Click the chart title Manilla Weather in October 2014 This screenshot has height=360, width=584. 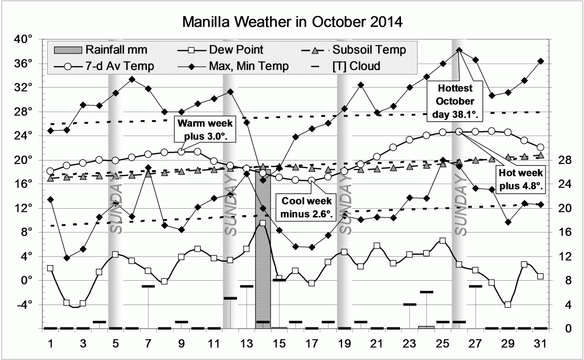click(x=292, y=22)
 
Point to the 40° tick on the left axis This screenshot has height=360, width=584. click(x=24, y=39)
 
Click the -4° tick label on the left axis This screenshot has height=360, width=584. click(x=24, y=305)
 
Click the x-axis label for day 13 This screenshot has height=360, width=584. click(x=246, y=343)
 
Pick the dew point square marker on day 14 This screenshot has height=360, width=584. click(x=263, y=223)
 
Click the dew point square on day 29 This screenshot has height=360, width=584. click(x=508, y=305)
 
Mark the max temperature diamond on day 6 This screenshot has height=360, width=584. click(x=132, y=79)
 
